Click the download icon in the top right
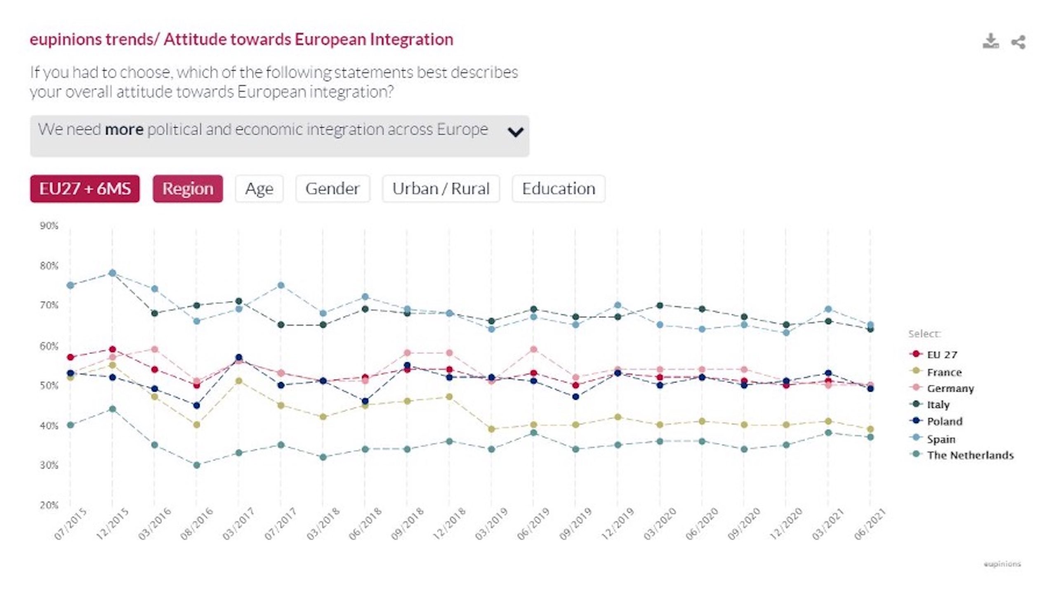click(x=990, y=41)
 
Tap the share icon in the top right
click(x=1018, y=42)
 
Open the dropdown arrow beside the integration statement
click(x=515, y=132)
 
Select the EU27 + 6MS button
click(x=85, y=189)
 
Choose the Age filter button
click(x=259, y=189)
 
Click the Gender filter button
click(x=332, y=189)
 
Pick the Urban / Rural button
click(x=441, y=189)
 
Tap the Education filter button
click(x=559, y=189)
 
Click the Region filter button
click(x=188, y=189)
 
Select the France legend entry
click(x=944, y=372)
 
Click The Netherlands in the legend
click(x=970, y=455)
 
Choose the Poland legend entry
click(x=944, y=421)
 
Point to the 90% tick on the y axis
click(x=49, y=226)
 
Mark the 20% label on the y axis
click(x=49, y=505)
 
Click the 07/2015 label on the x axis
click(x=71, y=524)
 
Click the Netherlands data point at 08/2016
click(x=197, y=465)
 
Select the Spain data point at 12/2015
click(x=112, y=273)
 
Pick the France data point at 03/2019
click(x=491, y=429)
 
